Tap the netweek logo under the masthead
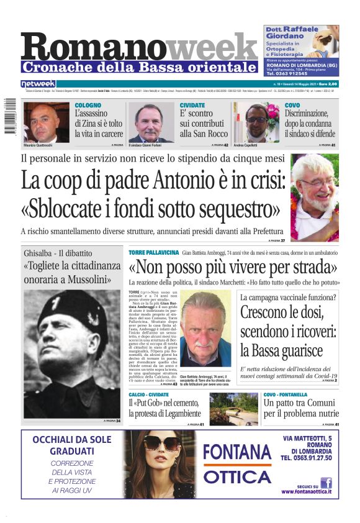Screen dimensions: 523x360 [x=38, y=83]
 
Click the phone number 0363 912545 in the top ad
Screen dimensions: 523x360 [x=292, y=74]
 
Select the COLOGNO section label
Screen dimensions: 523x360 [x=88, y=106]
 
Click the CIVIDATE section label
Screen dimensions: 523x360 [x=192, y=106]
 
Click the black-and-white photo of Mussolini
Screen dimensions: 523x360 [x=72, y=353]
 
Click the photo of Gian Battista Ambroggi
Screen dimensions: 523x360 [x=205, y=329]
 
